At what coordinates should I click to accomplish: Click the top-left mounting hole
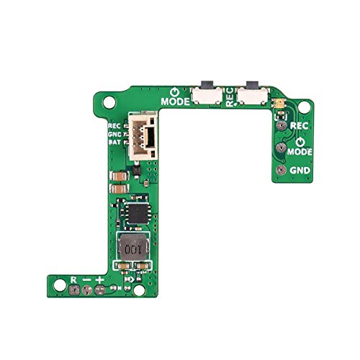tap(107, 103)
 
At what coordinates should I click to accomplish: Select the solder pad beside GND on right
tap(279, 171)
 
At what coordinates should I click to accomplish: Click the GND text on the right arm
tap(299, 171)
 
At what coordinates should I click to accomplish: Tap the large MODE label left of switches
tap(176, 102)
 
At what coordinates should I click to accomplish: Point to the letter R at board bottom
tap(75, 279)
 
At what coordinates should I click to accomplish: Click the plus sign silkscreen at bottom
tap(100, 279)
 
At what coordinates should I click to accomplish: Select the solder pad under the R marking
tap(75, 290)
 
